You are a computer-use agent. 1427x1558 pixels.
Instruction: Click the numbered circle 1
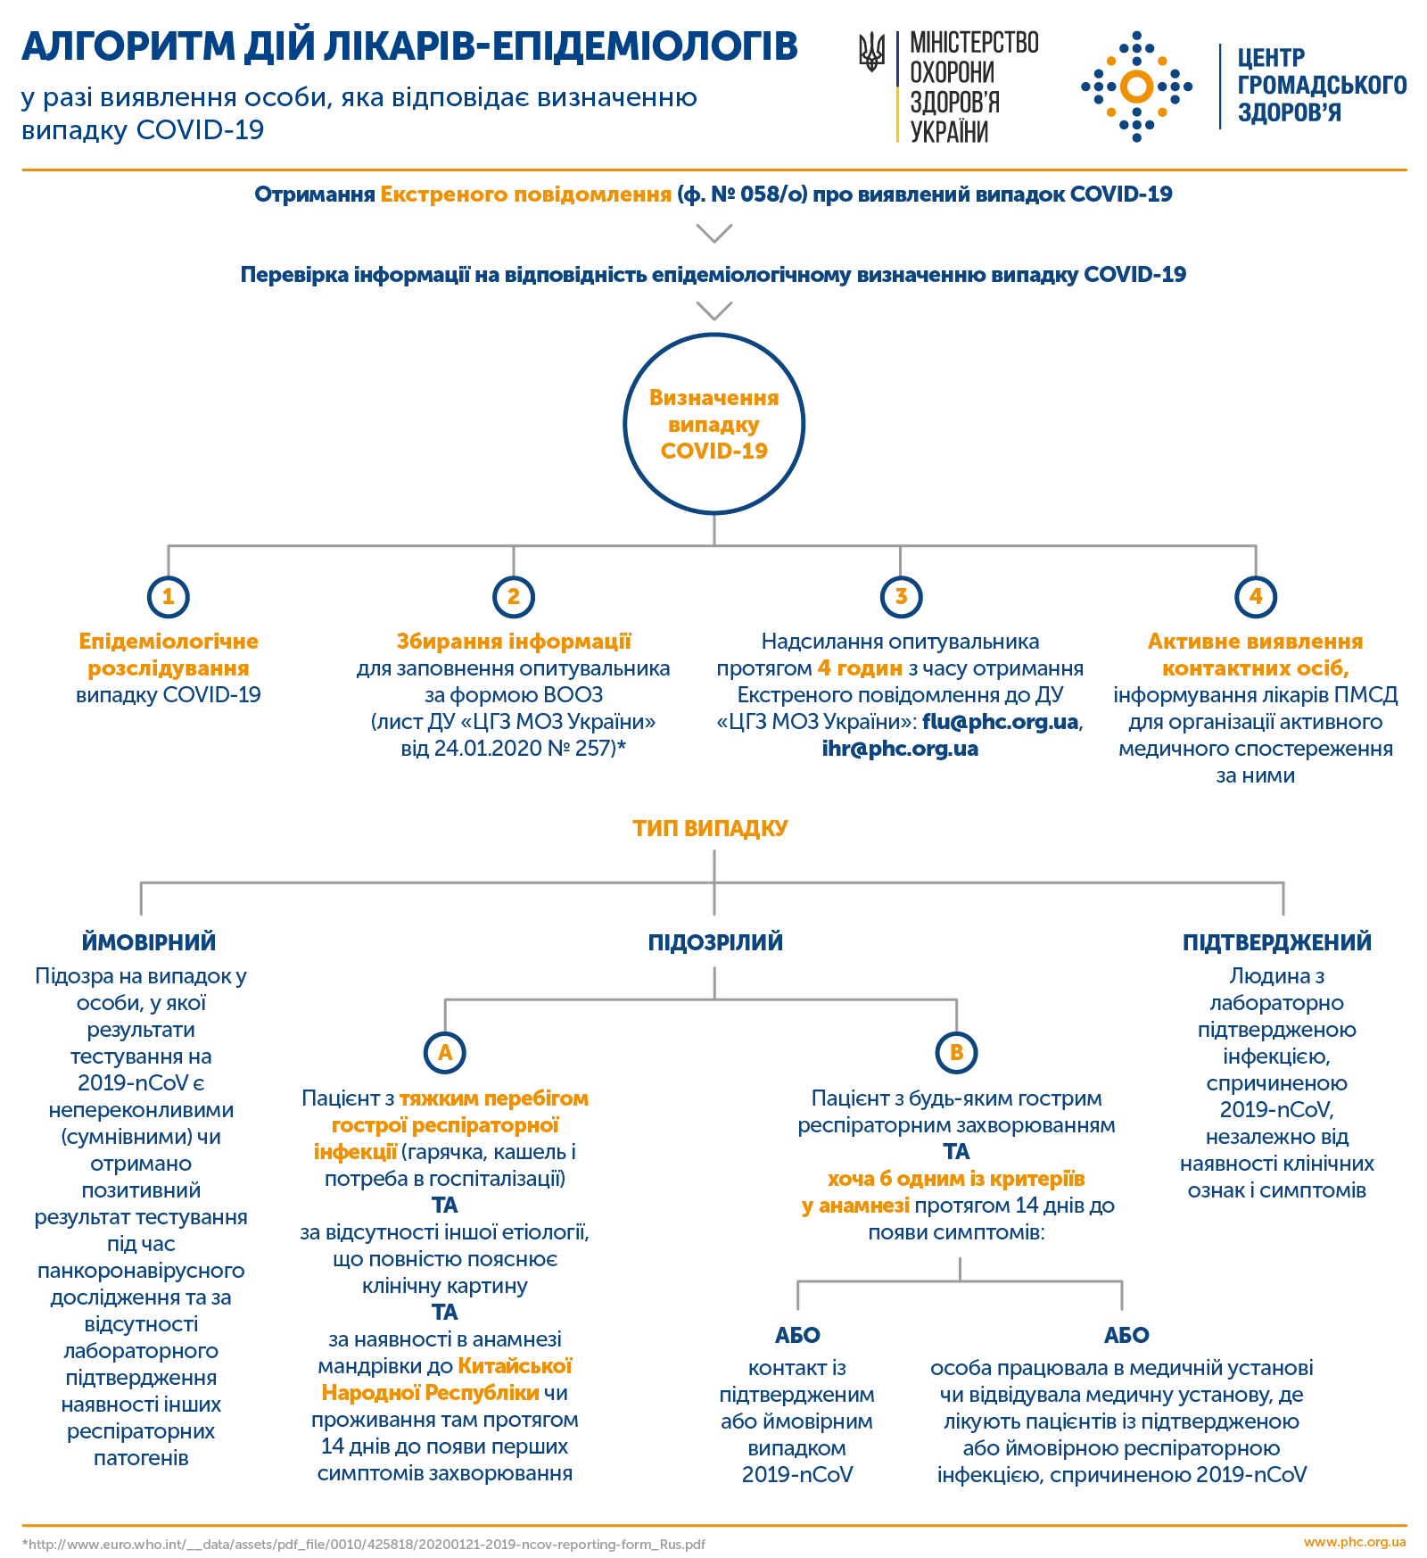(x=169, y=596)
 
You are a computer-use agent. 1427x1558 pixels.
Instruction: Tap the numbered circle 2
(x=514, y=596)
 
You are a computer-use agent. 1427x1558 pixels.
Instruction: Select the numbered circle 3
(x=901, y=596)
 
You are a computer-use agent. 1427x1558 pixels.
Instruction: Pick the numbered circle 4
(x=1256, y=596)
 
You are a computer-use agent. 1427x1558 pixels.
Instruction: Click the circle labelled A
(x=445, y=1052)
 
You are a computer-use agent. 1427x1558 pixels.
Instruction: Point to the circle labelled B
(x=956, y=1052)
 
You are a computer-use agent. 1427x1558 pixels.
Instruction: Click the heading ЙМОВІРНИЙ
(x=149, y=942)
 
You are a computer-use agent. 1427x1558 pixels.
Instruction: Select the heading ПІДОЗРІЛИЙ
(x=715, y=942)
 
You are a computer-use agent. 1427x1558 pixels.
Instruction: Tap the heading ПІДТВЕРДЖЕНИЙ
(x=1277, y=942)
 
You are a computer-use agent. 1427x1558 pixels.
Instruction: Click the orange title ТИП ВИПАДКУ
(x=711, y=828)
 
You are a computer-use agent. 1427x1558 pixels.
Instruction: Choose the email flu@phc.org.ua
(x=1001, y=722)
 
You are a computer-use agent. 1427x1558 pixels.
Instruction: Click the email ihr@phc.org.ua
(x=900, y=749)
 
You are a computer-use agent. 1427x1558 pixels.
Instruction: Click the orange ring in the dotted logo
(x=1136, y=87)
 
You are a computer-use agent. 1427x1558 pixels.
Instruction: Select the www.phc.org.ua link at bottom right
(x=1355, y=1542)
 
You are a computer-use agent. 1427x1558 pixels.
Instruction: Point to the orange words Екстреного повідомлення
(x=526, y=195)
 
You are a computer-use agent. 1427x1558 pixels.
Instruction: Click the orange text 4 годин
(x=860, y=668)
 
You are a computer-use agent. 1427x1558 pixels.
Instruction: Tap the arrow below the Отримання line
(x=714, y=234)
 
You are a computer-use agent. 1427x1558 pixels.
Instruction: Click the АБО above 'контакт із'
(x=797, y=1335)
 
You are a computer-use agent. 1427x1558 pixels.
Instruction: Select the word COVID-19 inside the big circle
(x=714, y=451)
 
